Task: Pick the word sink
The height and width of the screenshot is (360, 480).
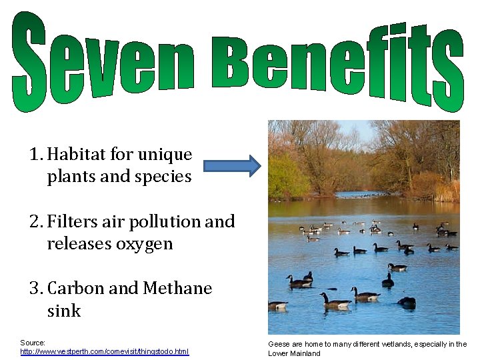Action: coord(63,311)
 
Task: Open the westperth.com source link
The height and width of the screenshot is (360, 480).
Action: coord(105,351)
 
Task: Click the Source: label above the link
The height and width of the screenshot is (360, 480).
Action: coord(33,343)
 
